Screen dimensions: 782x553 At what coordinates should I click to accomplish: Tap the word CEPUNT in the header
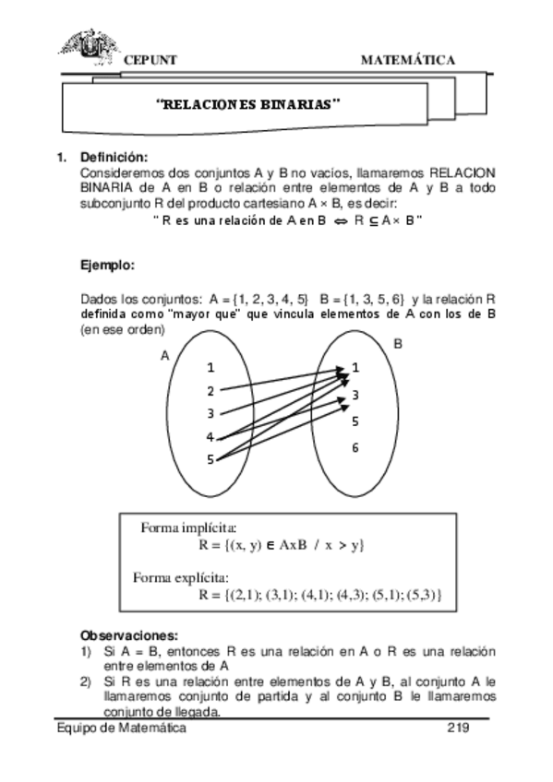(x=150, y=60)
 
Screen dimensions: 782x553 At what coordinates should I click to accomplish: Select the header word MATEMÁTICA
(x=407, y=60)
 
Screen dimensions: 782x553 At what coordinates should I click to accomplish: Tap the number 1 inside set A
(x=211, y=367)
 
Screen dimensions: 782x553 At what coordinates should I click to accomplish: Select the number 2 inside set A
(x=211, y=391)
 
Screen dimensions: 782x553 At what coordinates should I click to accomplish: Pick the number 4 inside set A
(x=210, y=437)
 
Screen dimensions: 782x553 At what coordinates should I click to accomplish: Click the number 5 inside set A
(x=210, y=459)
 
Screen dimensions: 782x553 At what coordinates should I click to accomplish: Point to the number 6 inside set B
(x=355, y=448)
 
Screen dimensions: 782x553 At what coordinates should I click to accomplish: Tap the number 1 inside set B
(x=355, y=368)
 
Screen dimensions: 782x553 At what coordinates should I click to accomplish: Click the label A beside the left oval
(x=165, y=355)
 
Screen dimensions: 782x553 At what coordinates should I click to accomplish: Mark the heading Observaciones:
(x=128, y=635)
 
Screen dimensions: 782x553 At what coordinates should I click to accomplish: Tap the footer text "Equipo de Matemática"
(x=121, y=728)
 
